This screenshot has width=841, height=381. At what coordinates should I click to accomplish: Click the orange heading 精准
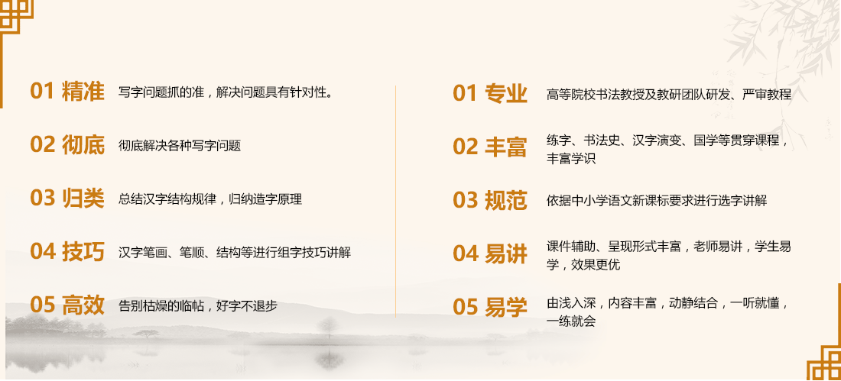[x=83, y=92]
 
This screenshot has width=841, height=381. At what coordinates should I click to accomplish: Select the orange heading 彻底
[x=83, y=145]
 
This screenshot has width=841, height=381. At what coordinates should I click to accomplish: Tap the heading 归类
[x=83, y=199]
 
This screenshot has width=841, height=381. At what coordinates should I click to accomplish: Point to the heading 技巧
[x=83, y=252]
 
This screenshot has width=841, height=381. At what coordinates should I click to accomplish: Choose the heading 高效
[x=83, y=305]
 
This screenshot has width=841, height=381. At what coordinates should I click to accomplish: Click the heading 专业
[x=506, y=94]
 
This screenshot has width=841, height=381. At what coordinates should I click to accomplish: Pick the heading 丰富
[x=506, y=147]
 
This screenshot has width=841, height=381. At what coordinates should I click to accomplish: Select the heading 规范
[x=506, y=200]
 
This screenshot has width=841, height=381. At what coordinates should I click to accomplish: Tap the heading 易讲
[x=506, y=254]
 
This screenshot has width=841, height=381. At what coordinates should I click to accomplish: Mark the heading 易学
[x=506, y=308]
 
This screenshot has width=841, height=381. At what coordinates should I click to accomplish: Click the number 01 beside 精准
[x=42, y=92]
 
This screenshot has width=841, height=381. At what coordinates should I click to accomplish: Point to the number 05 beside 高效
[x=42, y=305]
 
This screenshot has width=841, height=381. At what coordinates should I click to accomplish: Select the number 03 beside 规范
[x=465, y=200]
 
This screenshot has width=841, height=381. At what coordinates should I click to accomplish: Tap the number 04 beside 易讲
[x=465, y=254]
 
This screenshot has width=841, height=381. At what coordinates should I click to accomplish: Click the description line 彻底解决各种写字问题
[x=180, y=146]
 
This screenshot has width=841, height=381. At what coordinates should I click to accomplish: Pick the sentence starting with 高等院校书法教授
[x=669, y=95]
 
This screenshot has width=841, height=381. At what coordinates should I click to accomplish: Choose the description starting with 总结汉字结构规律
[x=210, y=199]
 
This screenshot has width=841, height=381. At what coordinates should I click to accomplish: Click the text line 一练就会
[x=571, y=321]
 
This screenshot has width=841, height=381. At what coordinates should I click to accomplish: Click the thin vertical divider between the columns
[x=396, y=201]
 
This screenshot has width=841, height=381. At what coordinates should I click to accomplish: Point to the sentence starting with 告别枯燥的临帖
[x=198, y=306]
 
